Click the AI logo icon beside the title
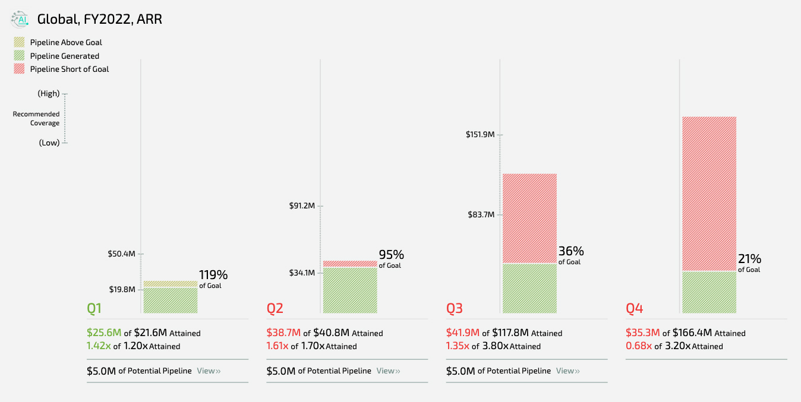(x=20, y=20)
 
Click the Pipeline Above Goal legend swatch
(x=20, y=42)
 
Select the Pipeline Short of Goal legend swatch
(x=20, y=69)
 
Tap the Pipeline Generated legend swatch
(x=20, y=56)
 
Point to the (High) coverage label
(x=48, y=94)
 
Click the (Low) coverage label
(x=49, y=143)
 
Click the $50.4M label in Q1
(x=122, y=254)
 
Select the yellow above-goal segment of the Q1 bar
(x=171, y=284)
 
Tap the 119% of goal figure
(x=213, y=275)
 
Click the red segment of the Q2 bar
(x=350, y=264)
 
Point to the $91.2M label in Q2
(x=301, y=206)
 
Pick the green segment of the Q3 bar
(x=529, y=288)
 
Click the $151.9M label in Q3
(x=480, y=135)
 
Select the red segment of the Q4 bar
(x=709, y=194)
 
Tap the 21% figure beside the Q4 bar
(x=749, y=259)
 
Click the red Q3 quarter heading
(x=455, y=308)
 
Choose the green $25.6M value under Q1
(x=104, y=333)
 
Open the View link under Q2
(x=388, y=371)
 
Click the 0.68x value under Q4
(x=639, y=346)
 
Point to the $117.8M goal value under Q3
(x=510, y=333)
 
